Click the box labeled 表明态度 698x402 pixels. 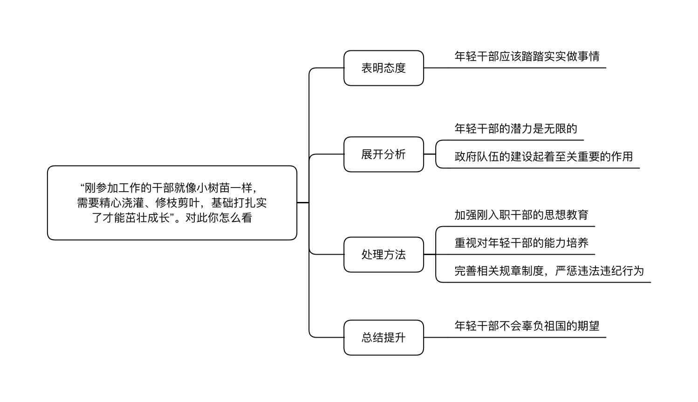pos(383,68)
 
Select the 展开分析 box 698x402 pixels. pos(383,154)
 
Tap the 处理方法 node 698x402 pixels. pos(383,255)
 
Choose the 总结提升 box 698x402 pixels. pos(383,338)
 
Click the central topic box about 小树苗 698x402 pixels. pos(172,203)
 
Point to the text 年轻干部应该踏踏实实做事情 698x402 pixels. pos(527,56)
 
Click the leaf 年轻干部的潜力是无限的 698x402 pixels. pos(516,129)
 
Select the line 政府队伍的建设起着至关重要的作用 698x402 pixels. pos(544,156)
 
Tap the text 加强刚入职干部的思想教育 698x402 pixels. pos(521,215)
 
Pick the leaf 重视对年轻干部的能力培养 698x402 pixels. pos(521,243)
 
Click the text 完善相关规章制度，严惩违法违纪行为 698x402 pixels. pos(549,270)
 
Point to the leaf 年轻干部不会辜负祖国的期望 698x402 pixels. pos(527,326)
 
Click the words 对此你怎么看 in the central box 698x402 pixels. pos(219,218)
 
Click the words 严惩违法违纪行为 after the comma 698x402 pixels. pos(599,270)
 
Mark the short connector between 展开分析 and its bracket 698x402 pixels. pos(430,154)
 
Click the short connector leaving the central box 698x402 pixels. pos(303,203)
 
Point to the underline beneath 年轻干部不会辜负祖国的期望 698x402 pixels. pos(515,338)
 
